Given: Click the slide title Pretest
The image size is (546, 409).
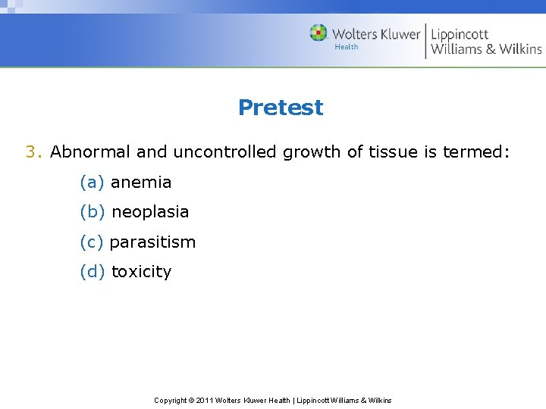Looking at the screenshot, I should tap(280, 108).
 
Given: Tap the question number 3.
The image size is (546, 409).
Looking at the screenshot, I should tap(33, 152).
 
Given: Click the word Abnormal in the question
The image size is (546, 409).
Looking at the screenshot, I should tap(90, 152).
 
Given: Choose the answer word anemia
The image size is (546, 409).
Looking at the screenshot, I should tap(141, 183).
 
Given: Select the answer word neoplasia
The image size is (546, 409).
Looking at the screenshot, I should tap(150, 213).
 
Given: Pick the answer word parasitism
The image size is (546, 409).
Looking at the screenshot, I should tap(152, 242).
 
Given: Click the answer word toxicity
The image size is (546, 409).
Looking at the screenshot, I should tap(141, 273).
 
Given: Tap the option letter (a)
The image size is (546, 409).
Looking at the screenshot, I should tap(93, 183).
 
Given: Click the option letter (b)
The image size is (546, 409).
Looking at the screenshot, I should tap(93, 213).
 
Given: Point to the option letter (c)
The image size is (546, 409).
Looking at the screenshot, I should tap(92, 242).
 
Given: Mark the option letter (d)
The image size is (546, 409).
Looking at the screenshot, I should tap(93, 273).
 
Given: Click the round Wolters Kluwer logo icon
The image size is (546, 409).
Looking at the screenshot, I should tap(318, 33).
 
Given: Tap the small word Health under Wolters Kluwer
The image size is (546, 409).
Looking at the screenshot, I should tap(346, 47).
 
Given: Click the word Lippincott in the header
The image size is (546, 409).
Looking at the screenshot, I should tap(460, 34).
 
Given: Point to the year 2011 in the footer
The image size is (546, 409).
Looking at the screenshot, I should tap(205, 400).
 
